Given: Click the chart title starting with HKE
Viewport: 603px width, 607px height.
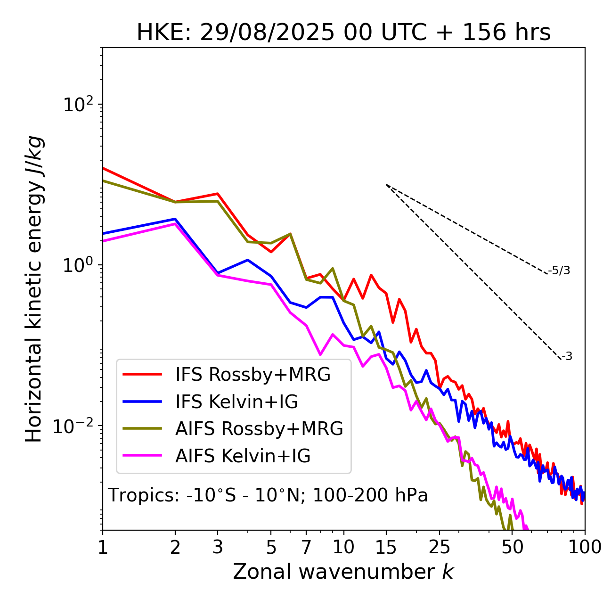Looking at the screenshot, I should point(343,33).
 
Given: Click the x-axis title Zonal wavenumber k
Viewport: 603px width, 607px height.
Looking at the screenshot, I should point(343,571).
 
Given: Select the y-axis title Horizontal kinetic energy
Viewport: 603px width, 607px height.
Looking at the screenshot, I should point(34,289).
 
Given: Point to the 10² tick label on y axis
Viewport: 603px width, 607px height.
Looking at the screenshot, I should point(77,105).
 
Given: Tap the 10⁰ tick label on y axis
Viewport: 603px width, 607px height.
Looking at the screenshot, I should point(77,265).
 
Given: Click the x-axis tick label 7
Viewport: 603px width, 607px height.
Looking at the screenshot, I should point(306,547).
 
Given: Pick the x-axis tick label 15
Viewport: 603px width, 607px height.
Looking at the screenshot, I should point(386,547).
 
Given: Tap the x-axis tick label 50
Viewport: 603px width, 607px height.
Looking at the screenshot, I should point(512,547).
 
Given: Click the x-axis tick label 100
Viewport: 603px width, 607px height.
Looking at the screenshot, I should point(584,547).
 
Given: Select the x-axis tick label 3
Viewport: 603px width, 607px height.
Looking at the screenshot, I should point(218,547).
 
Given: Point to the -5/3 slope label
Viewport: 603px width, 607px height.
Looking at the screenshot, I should point(559,271).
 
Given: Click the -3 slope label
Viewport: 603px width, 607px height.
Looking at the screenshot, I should point(567,357).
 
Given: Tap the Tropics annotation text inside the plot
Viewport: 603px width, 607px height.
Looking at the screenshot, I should point(268,495).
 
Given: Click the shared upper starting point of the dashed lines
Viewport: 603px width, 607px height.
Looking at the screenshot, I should point(386,185).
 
